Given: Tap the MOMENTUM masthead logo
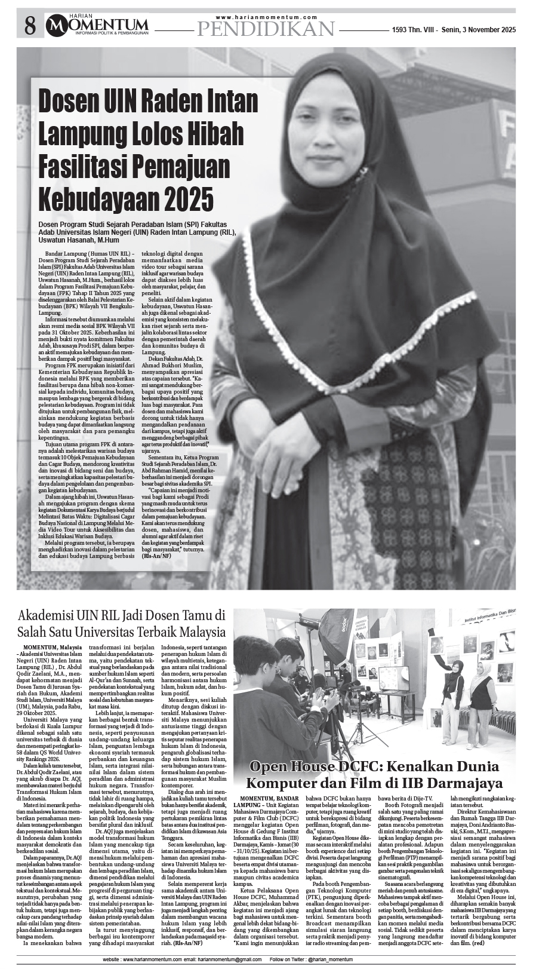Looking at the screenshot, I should tap(99, 24).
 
